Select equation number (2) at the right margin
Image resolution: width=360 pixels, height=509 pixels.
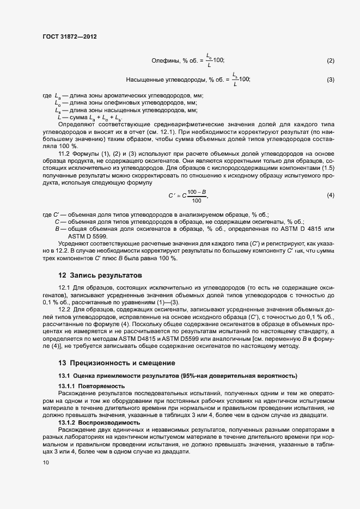[330, 60]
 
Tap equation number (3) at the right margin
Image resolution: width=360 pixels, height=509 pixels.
[330, 80]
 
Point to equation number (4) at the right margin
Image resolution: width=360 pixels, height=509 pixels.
[330, 195]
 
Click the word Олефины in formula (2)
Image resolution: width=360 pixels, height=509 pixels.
[164, 60]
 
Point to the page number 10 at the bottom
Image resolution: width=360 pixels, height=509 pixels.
[45, 463]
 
